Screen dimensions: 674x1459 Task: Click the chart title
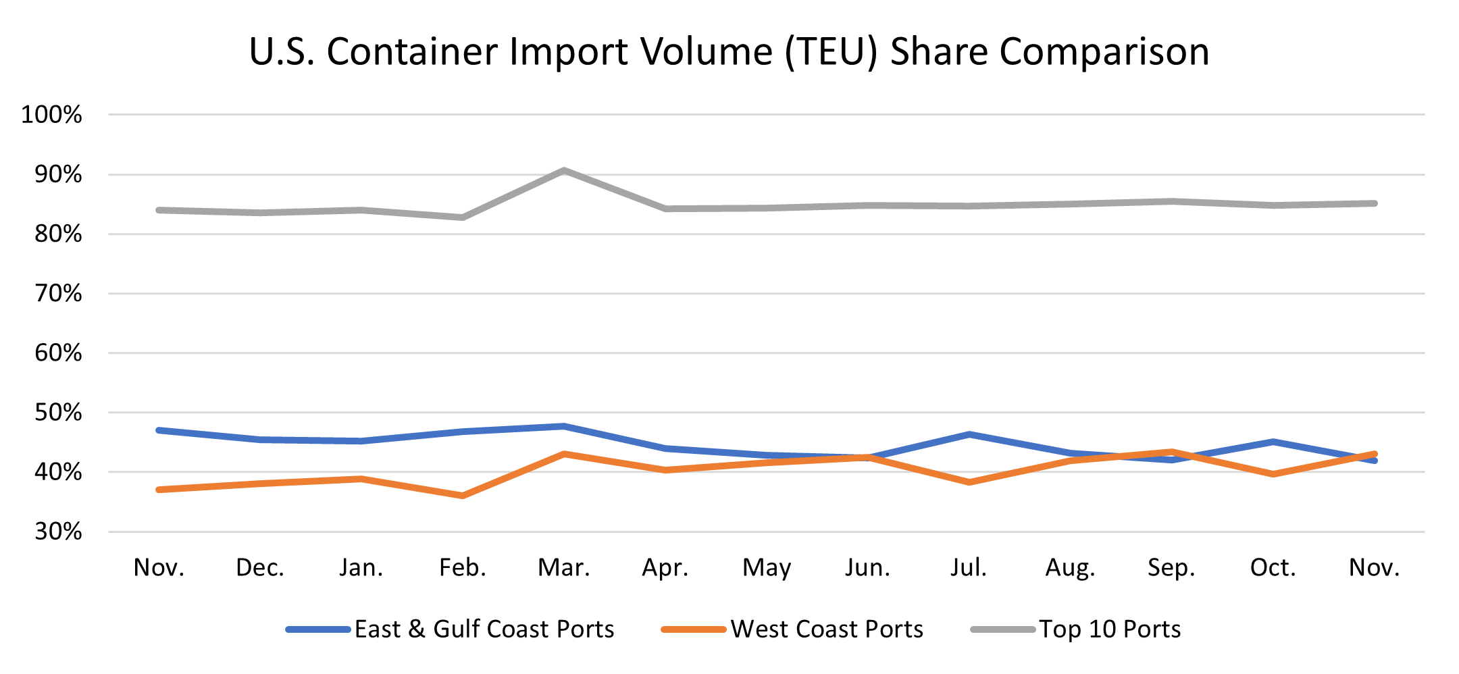coord(729,51)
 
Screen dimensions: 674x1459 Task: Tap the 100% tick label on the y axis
coord(52,115)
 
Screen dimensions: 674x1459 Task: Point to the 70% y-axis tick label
coord(59,293)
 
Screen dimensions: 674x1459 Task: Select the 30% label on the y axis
coord(59,532)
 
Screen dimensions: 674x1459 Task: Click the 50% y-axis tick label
coord(59,412)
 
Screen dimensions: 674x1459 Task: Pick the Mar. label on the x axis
coord(564,567)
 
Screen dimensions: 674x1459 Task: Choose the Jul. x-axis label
coord(969,567)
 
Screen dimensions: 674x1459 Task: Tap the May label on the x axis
coord(767,567)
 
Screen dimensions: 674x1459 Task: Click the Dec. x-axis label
coord(260,567)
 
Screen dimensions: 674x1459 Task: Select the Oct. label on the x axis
coord(1273,567)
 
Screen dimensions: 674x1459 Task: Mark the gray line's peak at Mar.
coord(564,170)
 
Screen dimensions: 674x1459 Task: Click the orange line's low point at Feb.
coord(463,496)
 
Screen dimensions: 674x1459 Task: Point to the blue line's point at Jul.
coord(969,434)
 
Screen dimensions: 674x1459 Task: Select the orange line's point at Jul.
coord(969,482)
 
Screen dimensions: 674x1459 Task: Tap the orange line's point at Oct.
coord(1273,474)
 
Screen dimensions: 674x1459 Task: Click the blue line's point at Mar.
coord(564,426)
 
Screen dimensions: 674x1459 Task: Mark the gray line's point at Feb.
coord(463,217)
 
